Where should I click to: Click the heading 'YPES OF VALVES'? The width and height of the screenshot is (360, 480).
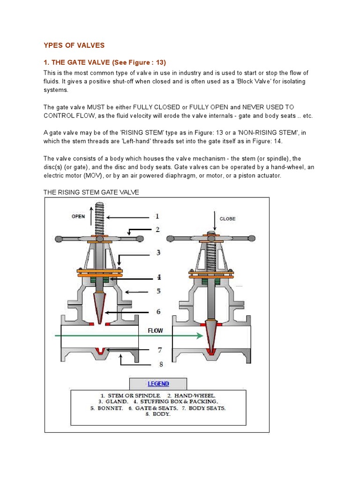[74, 45]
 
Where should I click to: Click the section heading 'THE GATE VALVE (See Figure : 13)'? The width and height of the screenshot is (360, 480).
[105, 63]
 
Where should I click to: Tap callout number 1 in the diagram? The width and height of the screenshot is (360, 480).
[157, 216]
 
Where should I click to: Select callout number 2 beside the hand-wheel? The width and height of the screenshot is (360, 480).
[158, 230]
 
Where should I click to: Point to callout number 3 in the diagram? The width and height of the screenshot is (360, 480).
[158, 253]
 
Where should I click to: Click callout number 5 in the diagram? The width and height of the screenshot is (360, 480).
[158, 291]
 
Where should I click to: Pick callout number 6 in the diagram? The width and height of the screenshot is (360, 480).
[158, 311]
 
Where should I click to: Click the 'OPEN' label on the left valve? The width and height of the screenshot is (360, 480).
[78, 217]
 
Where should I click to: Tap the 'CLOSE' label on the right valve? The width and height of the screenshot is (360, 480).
[227, 218]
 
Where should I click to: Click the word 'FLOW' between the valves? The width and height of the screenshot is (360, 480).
[155, 330]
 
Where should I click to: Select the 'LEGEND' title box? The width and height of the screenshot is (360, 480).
[158, 383]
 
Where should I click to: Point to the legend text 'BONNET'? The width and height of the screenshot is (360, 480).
[110, 408]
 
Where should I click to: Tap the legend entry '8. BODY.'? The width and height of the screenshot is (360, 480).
[158, 414]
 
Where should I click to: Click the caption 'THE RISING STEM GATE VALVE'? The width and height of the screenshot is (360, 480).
[91, 193]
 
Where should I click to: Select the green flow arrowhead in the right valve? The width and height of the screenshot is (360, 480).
[200, 335]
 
